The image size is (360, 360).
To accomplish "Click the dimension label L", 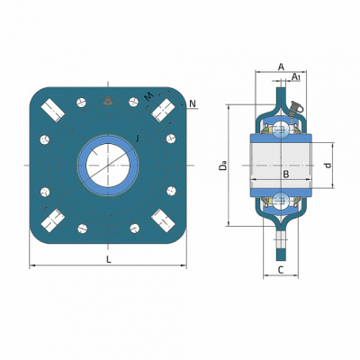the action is [109, 259].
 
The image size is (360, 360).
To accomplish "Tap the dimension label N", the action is [193, 103].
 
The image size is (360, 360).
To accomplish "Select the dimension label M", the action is [149, 96].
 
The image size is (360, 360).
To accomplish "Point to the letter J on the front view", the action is [137, 139].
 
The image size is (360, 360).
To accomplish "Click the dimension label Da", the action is [222, 166].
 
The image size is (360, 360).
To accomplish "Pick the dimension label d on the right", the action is [328, 166].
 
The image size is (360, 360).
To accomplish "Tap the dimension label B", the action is [286, 174].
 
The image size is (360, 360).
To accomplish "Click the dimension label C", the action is [281, 270].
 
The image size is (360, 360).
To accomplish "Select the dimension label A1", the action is [296, 76].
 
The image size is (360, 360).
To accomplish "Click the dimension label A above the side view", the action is [281, 67].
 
